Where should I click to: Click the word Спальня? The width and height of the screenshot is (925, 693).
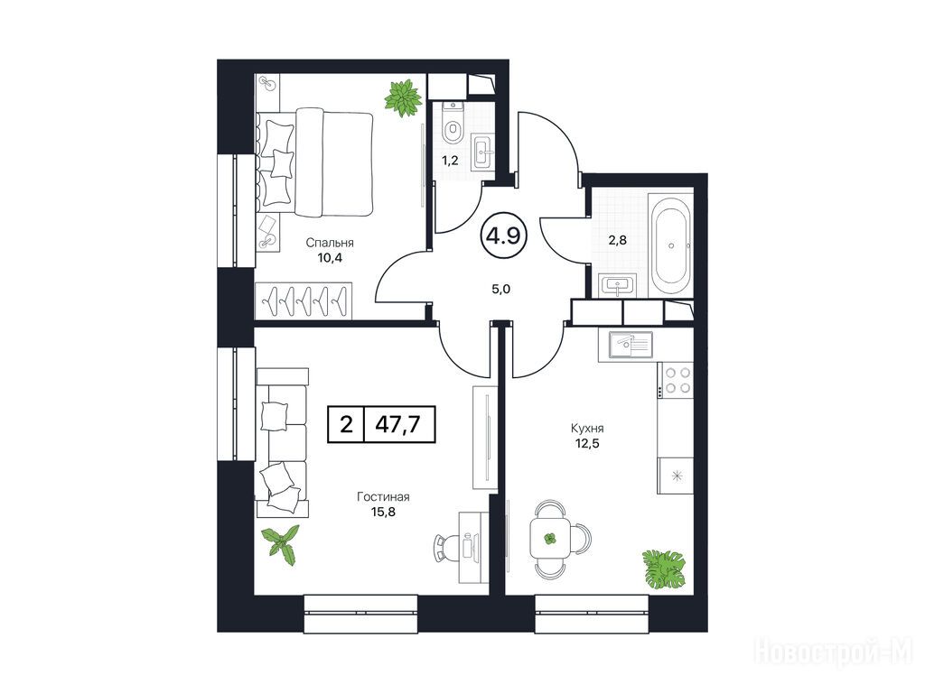[329, 242]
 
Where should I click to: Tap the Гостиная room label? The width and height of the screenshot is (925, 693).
[383, 497]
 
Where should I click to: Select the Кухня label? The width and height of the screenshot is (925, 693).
[587, 429]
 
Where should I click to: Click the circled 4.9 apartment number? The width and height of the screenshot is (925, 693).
[502, 236]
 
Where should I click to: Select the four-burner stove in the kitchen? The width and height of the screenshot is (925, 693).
[676, 380]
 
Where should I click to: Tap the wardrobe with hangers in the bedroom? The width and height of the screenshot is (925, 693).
[304, 300]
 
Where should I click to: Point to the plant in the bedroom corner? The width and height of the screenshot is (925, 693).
[403, 97]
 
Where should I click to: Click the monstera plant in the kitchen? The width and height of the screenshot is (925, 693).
[664, 568]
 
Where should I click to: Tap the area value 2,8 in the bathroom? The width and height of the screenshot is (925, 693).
[617, 240]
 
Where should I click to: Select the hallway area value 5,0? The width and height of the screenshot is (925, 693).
[500, 289]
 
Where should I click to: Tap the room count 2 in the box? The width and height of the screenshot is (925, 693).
[347, 424]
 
